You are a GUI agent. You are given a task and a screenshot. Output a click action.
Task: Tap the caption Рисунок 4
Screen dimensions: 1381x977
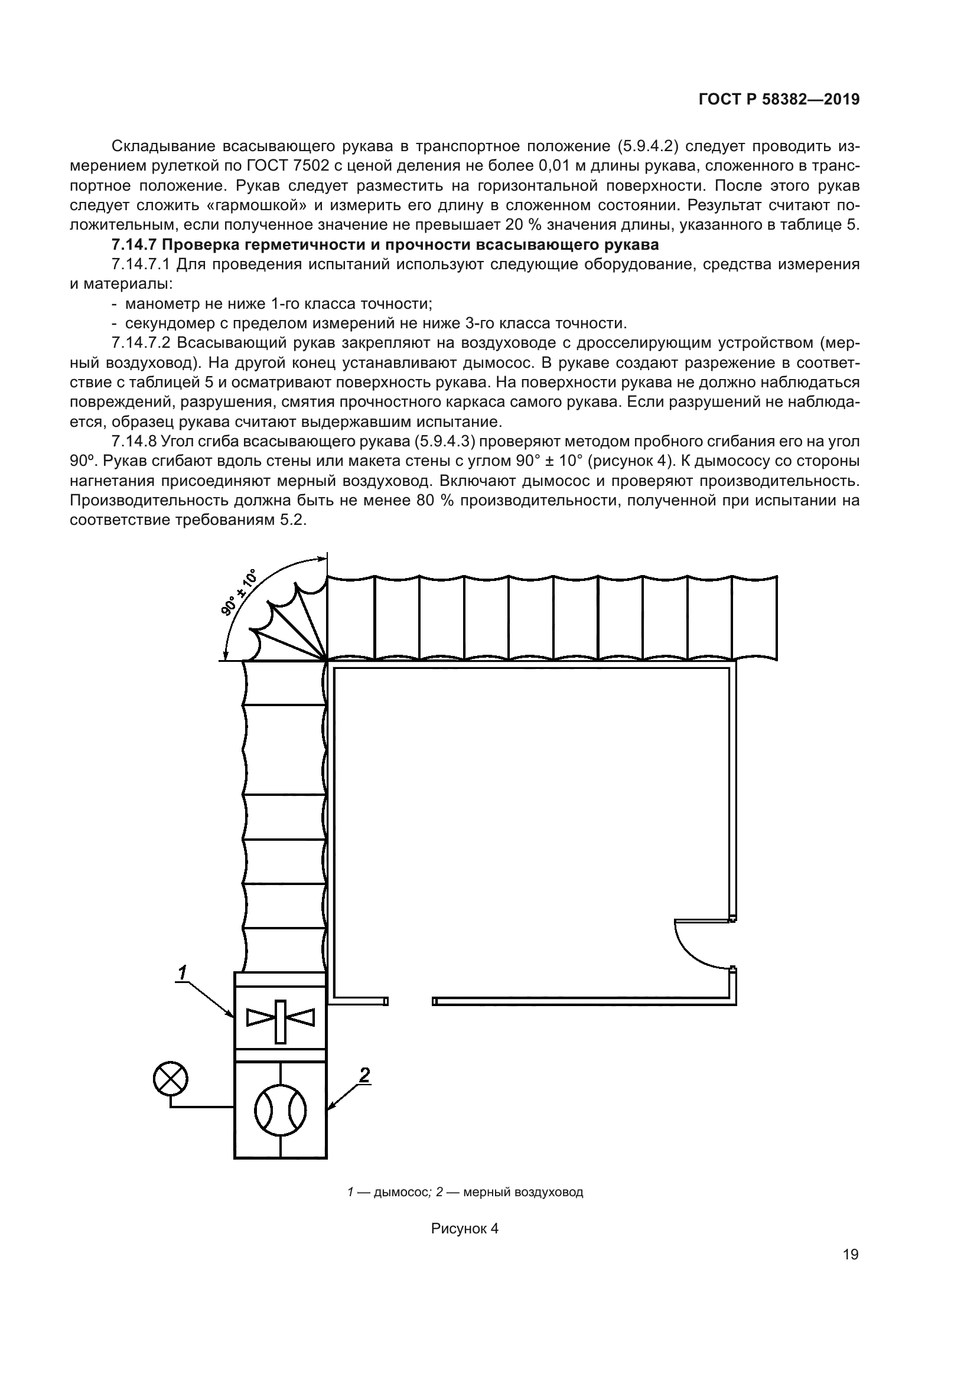(x=464, y=1228)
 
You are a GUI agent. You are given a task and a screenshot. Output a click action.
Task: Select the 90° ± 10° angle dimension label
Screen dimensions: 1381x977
(x=238, y=592)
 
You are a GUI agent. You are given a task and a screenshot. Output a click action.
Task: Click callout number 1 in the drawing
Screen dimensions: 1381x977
(x=183, y=971)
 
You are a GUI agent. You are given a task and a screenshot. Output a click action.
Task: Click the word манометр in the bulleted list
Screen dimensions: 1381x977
(x=154, y=303)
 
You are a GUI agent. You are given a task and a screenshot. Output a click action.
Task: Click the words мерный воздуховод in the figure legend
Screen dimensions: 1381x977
(x=523, y=1192)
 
